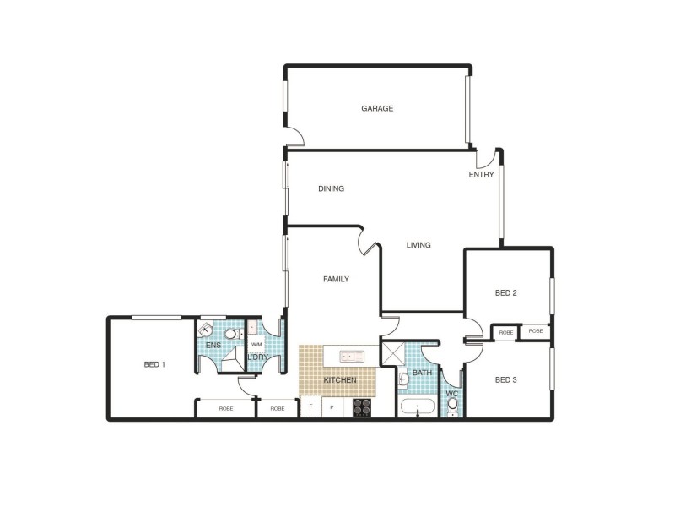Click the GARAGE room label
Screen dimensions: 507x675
(x=377, y=108)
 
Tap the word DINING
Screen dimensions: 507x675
(x=331, y=188)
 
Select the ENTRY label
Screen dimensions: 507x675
(x=482, y=175)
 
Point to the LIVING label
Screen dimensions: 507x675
(x=418, y=245)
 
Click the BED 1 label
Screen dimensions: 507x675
(x=154, y=365)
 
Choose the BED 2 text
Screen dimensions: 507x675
(x=505, y=293)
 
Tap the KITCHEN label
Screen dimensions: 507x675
(x=340, y=381)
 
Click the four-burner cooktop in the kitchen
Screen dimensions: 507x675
(x=362, y=407)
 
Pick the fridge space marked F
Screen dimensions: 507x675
(x=310, y=407)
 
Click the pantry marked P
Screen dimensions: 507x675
(x=332, y=407)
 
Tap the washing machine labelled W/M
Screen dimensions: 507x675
(x=256, y=346)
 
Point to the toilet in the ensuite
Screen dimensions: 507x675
(x=230, y=334)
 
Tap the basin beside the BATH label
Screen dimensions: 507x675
(x=403, y=377)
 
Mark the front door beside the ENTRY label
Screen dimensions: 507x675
(x=484, y=159)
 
